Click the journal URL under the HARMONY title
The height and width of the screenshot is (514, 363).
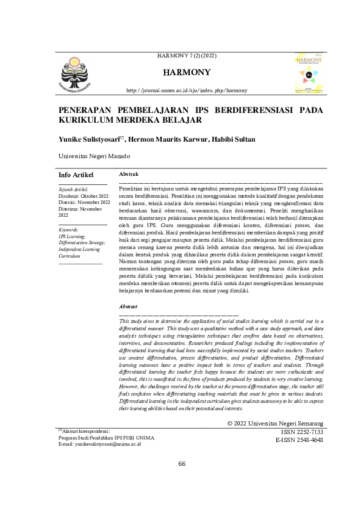[x=187, y=90]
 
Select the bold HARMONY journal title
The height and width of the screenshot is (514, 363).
[x=187, y=73]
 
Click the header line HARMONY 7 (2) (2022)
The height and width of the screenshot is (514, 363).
[x=187, y=57]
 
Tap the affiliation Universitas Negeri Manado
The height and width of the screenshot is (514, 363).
[x=93, y=157]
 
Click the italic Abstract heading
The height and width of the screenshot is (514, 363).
[x=128, y=306]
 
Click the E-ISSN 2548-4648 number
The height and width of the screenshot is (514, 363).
[x=299, y=422]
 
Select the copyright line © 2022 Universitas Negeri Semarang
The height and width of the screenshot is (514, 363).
[x=275, y=406]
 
